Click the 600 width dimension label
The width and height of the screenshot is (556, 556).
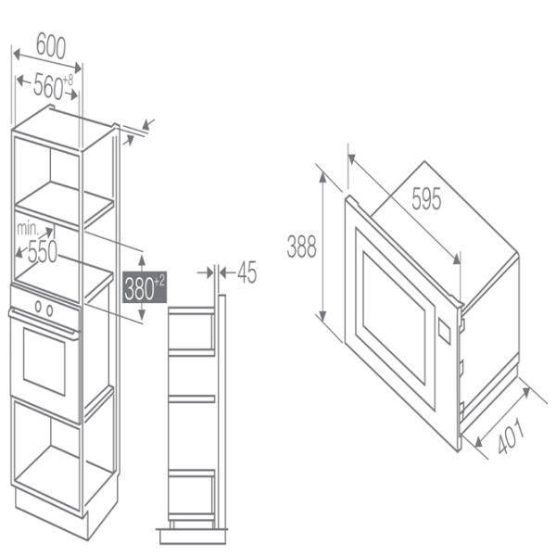coord(51,45)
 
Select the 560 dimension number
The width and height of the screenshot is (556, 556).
coord(48,86)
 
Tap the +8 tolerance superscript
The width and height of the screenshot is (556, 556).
coord(68,80)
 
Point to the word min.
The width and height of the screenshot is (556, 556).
coord(28,229)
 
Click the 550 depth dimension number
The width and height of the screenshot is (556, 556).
coord(43,251)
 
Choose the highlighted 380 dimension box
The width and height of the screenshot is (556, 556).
coord(145,287)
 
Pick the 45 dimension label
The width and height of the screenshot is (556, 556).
coord(246,272)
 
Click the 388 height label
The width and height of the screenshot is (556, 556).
coord(301,246)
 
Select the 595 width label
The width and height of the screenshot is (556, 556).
coord(426,198)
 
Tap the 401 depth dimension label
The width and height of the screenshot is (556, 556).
coord(511,436)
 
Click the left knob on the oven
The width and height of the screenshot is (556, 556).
coord(38,306)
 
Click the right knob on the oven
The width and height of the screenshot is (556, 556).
coord(50,310)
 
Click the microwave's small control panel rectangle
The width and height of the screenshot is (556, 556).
coord(444,332)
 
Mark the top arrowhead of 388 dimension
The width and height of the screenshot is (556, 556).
coord(322,177)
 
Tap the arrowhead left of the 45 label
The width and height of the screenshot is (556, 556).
coord(208,272)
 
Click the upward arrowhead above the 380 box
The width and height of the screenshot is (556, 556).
coord(142,260)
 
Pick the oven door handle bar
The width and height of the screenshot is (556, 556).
coord(44,323)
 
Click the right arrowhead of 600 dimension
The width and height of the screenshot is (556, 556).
coord(78,68)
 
